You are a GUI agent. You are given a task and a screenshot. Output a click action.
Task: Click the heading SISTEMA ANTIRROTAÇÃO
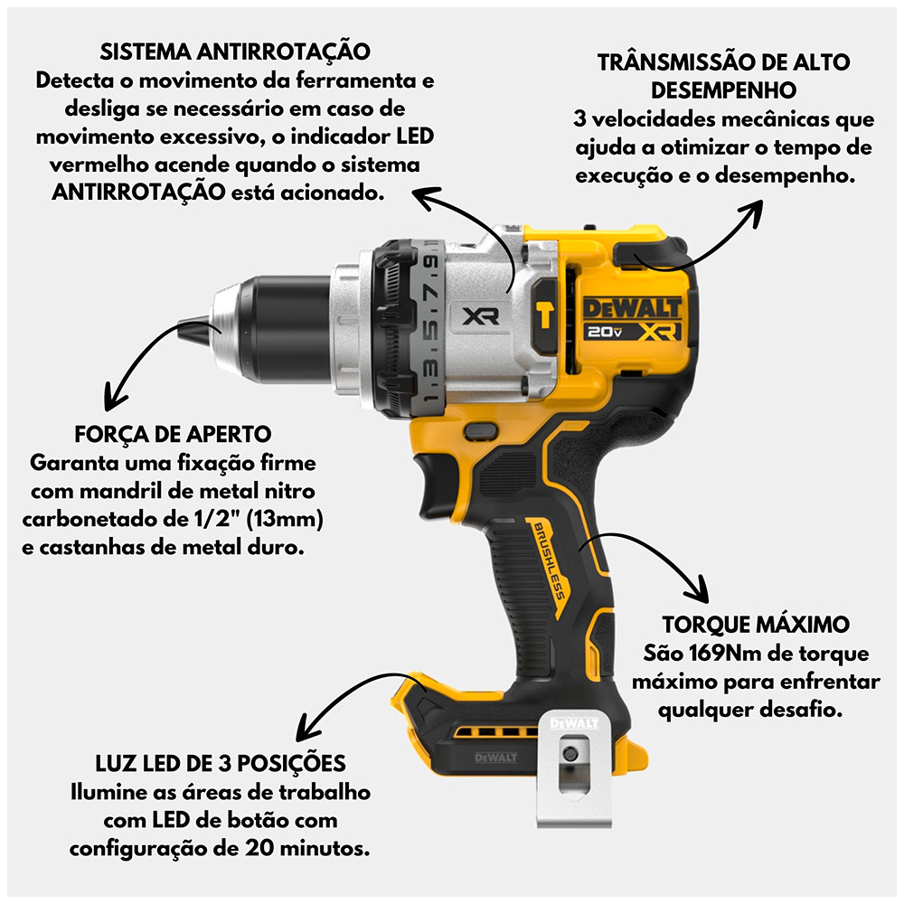tap(235, 52)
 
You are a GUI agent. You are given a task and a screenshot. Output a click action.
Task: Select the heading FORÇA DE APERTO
tap(173, 434)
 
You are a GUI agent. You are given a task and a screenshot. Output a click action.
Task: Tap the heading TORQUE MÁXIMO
tap(756, 625)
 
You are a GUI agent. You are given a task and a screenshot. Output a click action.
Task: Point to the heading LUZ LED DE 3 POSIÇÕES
tap(221, 763)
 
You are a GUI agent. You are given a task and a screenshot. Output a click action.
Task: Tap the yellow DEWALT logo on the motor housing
tap(633, 308)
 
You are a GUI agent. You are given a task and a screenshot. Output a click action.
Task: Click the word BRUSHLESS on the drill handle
tap(549, 560)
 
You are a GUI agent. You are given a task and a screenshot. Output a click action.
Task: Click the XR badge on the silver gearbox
tap(481, 315)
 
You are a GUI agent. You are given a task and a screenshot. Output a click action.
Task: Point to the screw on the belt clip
tap(570, 753)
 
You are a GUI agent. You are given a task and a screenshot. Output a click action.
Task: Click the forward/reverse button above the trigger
tap(481, 431)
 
